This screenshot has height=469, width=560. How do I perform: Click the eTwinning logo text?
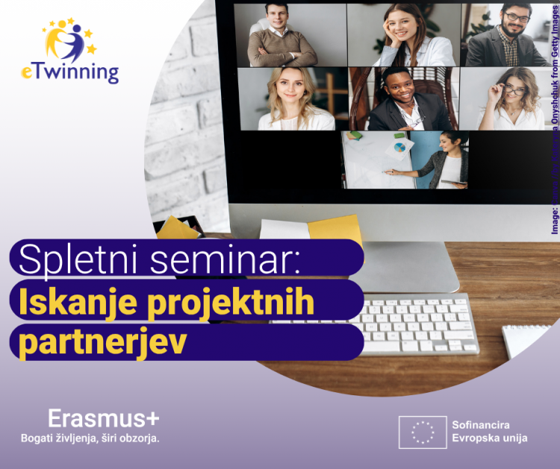[x=69, y=72]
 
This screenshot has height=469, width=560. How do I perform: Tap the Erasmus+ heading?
[x=103, y=418]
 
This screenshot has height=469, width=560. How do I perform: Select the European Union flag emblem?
[x=422, y=432]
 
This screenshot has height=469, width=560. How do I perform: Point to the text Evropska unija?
[x=489, y=438]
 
